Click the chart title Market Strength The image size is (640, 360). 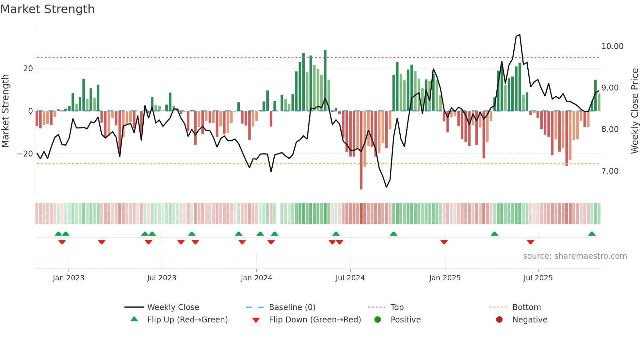pos(47,9)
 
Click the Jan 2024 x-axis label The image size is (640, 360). pos(256,278)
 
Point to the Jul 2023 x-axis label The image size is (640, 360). pos(162,278)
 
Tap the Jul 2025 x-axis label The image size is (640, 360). pos(538,278)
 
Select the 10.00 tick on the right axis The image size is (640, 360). pos(612,46)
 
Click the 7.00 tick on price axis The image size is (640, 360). pos(610,171)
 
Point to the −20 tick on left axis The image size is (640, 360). pos(25,154)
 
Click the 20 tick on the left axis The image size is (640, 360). pos(28,69)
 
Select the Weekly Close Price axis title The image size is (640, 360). pos(634,111)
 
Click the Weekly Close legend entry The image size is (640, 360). pos(173,307)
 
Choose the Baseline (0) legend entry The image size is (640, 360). pos(292,307)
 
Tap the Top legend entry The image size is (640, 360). pos(397,307)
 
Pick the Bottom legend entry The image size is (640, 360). pos(526,307)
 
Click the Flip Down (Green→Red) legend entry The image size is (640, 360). pos(315,320)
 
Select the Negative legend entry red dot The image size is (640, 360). pos(499,320)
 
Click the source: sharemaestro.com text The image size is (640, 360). pos(575,256)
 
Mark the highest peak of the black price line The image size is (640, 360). pos(520,35)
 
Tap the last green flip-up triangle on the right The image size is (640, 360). pos(592,234)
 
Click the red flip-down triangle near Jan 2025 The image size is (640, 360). pos(444,242)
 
